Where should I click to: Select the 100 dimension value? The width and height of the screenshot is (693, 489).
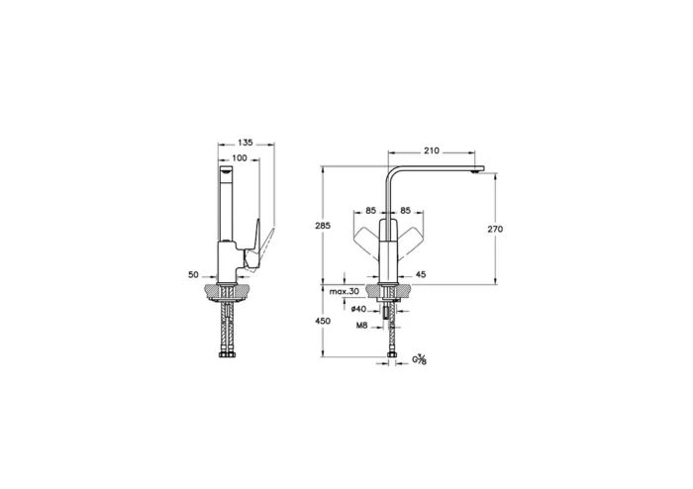pos(240,158)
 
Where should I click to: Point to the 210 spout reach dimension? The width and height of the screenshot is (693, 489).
pos(432,151)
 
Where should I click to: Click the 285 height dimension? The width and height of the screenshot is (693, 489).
pos(321,227)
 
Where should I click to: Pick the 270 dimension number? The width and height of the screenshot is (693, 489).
pos(495,229)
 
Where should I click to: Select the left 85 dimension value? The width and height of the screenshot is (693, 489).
pos(370,210)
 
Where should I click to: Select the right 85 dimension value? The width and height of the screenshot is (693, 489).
pos(406,210)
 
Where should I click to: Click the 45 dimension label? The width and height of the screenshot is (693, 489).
pos(420,274)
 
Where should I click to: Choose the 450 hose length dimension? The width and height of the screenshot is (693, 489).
pos(321,321)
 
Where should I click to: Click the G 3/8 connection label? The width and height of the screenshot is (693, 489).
pos(420,360)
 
